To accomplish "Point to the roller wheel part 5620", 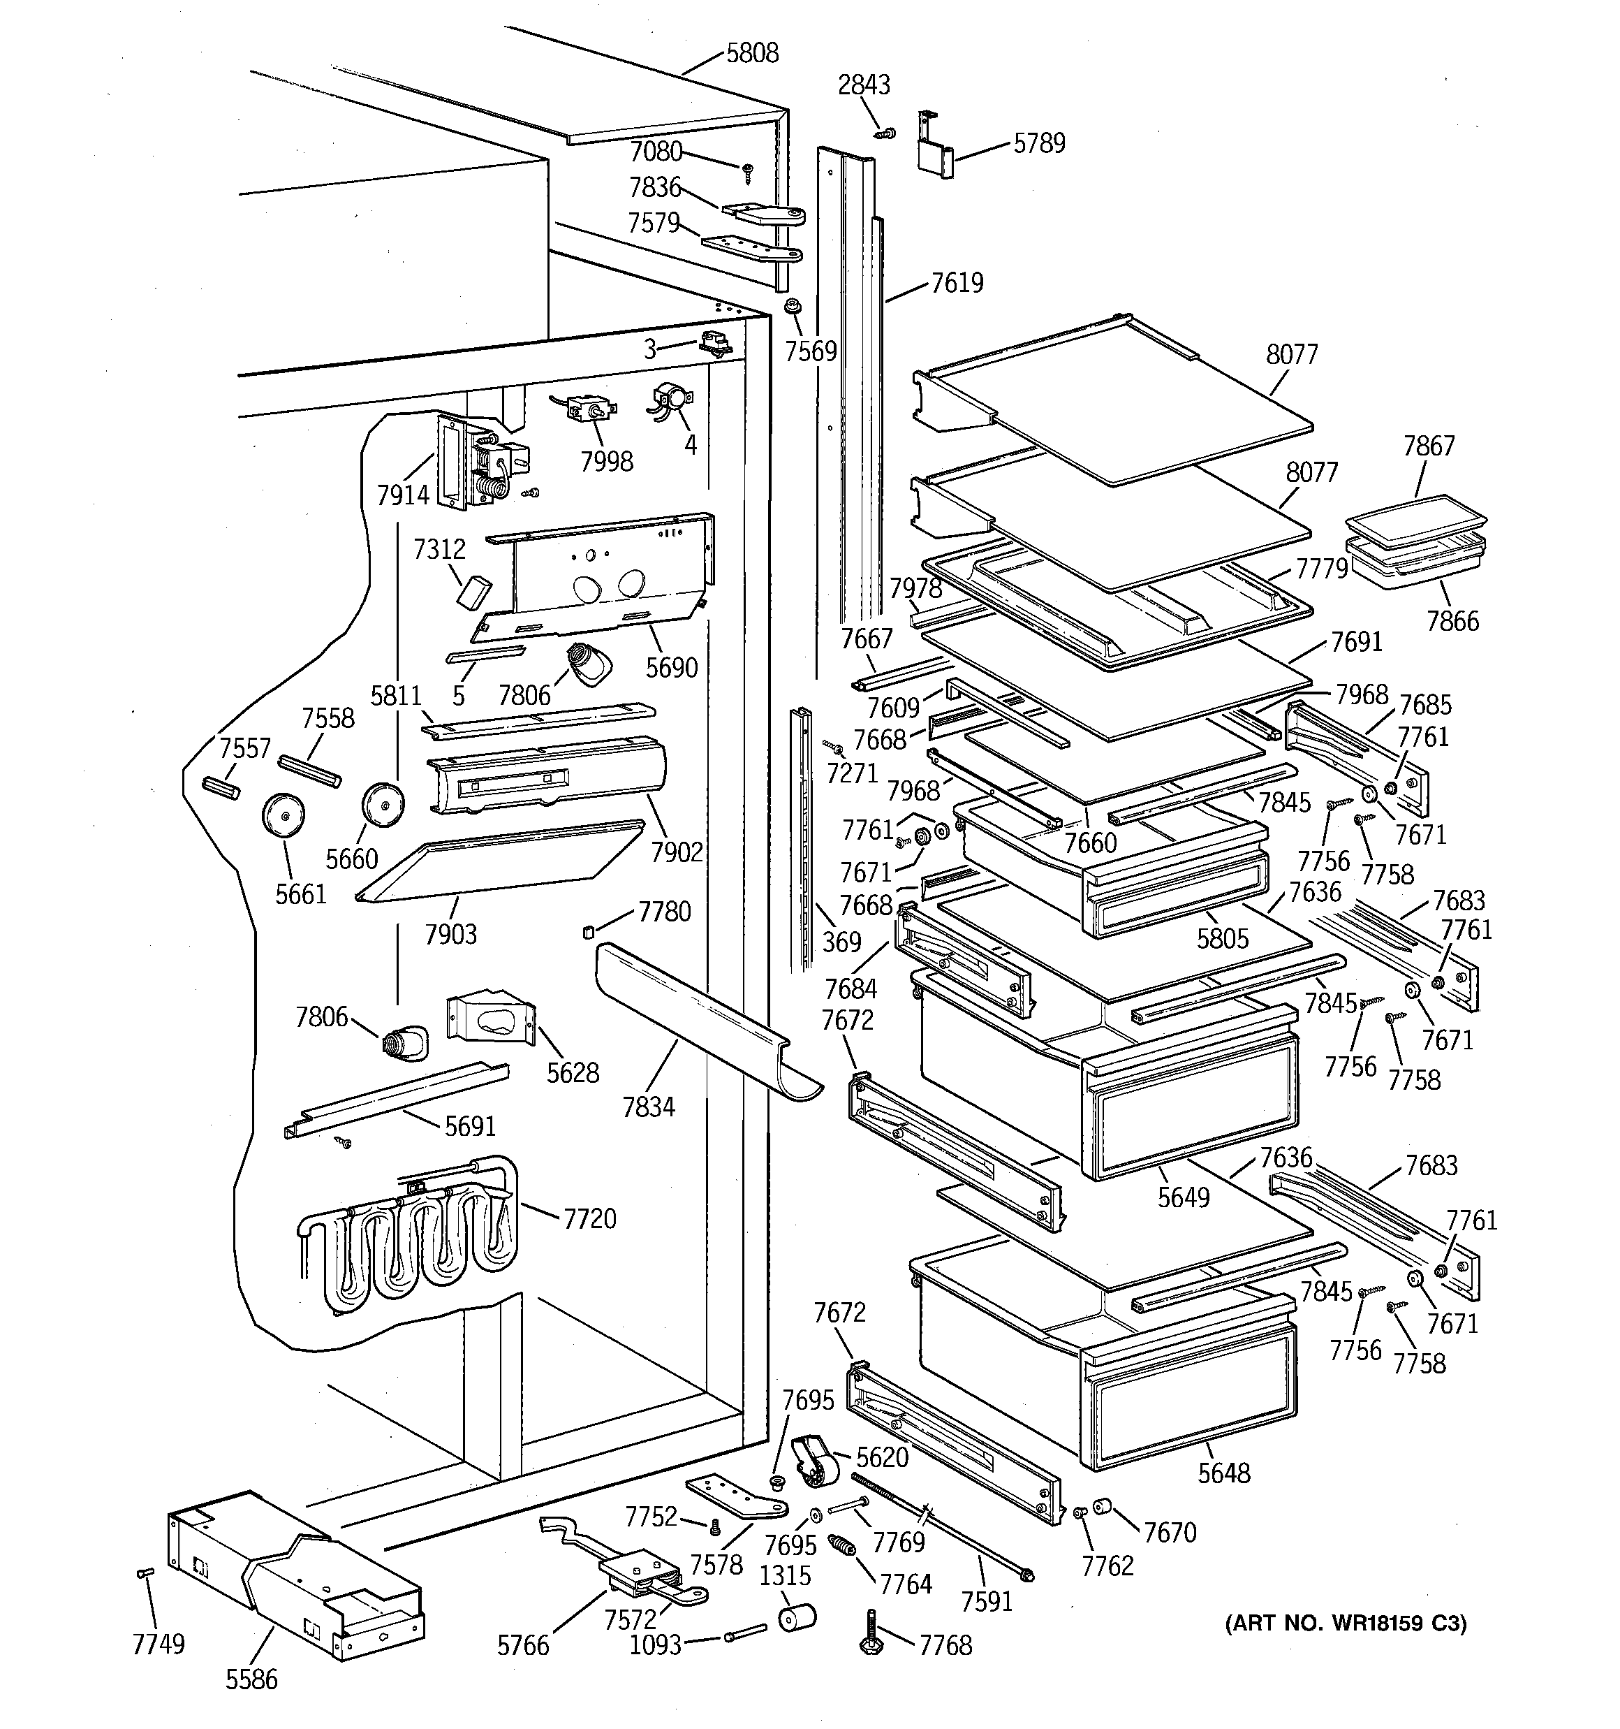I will pos(815,1463).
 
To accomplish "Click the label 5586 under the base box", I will pos(251,1679).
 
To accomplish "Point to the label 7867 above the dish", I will pos(1428,446).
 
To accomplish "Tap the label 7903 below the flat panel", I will pos(450,934).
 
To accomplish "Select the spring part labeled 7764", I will pos(841,1545).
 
